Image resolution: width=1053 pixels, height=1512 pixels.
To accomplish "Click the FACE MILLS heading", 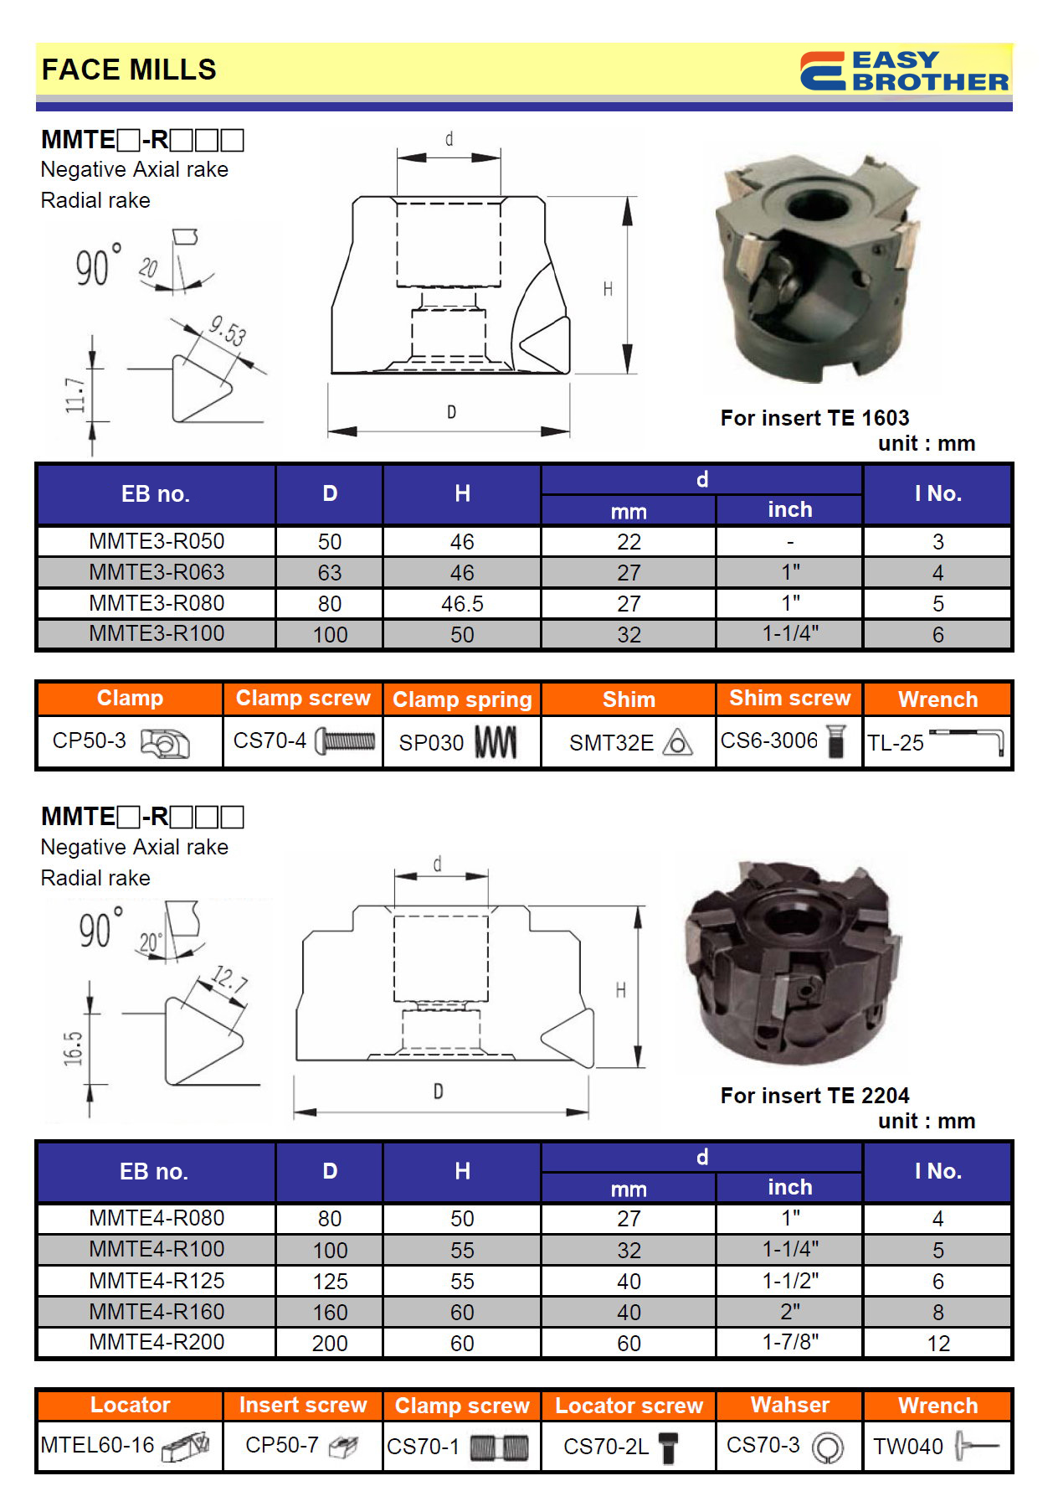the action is click(x=129, y=70).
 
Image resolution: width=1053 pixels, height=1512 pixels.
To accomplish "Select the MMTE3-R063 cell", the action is click(x=157, y=572).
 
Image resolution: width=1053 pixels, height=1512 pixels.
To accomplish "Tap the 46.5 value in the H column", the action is click(x=462, y=604).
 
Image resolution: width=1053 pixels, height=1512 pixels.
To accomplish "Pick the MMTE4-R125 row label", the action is click(x=157, y=1281).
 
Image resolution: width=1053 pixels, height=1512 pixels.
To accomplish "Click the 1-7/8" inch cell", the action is click(x=789, y=1342).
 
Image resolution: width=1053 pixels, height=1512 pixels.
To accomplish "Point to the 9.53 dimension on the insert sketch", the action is click(x=228, y=331).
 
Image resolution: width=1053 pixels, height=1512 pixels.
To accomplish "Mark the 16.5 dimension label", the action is click(x=74, y=1048).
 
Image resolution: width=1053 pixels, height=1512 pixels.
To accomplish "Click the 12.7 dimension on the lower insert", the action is click(x=229, y=978).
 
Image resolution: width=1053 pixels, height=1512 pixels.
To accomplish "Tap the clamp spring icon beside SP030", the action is click(x=496, y=742).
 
